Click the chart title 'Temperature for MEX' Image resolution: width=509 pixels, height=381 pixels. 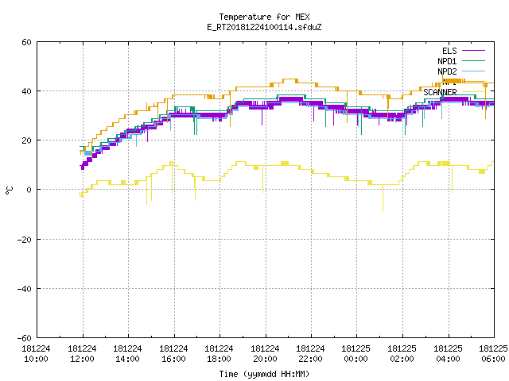(264, 17)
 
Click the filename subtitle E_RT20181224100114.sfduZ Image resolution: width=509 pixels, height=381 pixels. (264, 27)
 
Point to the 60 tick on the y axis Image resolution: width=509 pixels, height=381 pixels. (26, 42)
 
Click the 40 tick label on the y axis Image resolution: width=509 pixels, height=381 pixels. (26, 91)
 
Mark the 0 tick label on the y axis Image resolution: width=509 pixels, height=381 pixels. (29, 190)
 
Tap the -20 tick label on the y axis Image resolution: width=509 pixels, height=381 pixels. (25, 240)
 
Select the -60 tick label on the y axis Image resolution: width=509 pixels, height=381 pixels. (25, 338)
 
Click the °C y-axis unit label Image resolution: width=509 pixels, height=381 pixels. (9, 190)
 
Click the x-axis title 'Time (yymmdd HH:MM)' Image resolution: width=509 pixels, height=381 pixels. (264, 374)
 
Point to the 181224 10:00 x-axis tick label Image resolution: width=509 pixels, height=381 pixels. (36, 354)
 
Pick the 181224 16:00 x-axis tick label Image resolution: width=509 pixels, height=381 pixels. (173, 354)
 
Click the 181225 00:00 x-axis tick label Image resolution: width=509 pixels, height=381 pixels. (356, 354)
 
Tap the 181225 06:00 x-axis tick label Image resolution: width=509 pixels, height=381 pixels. (493, 354)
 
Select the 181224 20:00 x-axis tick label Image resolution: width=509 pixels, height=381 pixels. (265, 354)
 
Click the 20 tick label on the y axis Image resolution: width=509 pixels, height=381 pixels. (26, 140)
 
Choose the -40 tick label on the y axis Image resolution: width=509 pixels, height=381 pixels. (25, 289)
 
